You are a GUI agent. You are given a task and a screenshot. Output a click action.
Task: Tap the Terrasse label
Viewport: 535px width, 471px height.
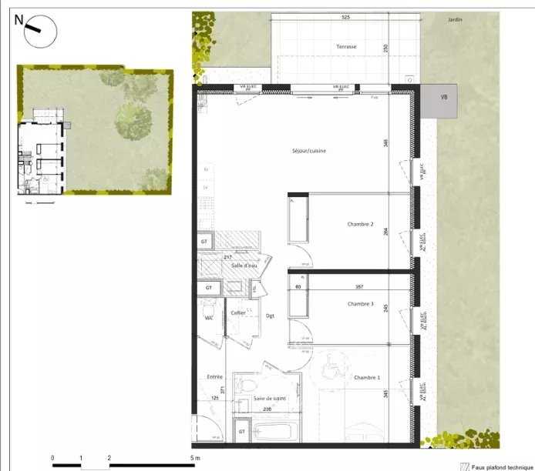click(x=346, y=47)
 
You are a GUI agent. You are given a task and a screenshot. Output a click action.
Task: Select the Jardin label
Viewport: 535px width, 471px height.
click(x=455, y=20)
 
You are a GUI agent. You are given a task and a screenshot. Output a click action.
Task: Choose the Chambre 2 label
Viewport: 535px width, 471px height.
click(x=360, y=225)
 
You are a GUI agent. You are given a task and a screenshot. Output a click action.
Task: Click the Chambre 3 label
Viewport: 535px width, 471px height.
click(x=360, y=305)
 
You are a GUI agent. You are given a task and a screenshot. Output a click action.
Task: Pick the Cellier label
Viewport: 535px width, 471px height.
click(x=238, y=313)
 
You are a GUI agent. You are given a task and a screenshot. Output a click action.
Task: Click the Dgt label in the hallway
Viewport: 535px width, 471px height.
click(x=270, y=316)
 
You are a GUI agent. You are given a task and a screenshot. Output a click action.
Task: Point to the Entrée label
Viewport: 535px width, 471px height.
click(x=214, y=377)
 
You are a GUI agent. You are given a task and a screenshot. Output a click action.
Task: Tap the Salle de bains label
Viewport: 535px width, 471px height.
click(x=267, y=399)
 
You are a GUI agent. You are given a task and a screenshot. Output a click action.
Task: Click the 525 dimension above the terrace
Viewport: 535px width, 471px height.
click(x=346, y=17)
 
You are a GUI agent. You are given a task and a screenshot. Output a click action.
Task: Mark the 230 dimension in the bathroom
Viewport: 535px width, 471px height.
click(x=267, y=410)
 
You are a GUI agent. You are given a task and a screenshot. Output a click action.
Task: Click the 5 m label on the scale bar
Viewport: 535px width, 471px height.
click(x=195, y=459)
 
